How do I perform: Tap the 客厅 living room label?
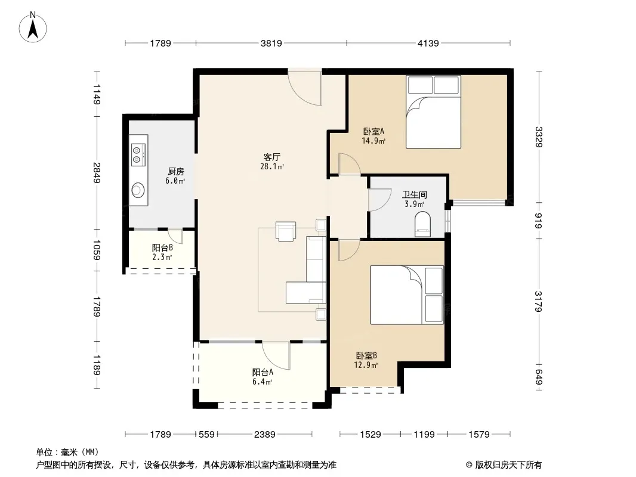271,157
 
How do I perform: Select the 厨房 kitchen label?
175,172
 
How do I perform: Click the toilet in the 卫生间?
422,224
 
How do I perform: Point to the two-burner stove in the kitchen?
138,154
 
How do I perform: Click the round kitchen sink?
138,189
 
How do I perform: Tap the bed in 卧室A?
433,112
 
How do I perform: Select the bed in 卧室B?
407,295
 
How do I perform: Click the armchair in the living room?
286,231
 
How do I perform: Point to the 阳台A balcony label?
263,372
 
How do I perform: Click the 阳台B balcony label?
162,247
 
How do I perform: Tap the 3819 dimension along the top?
271,43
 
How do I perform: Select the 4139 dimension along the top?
428,43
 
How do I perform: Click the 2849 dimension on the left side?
97,173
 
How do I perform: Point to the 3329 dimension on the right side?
538,137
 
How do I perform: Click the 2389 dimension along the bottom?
264,435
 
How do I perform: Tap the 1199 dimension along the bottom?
424,435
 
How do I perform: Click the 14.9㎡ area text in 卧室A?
373,141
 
